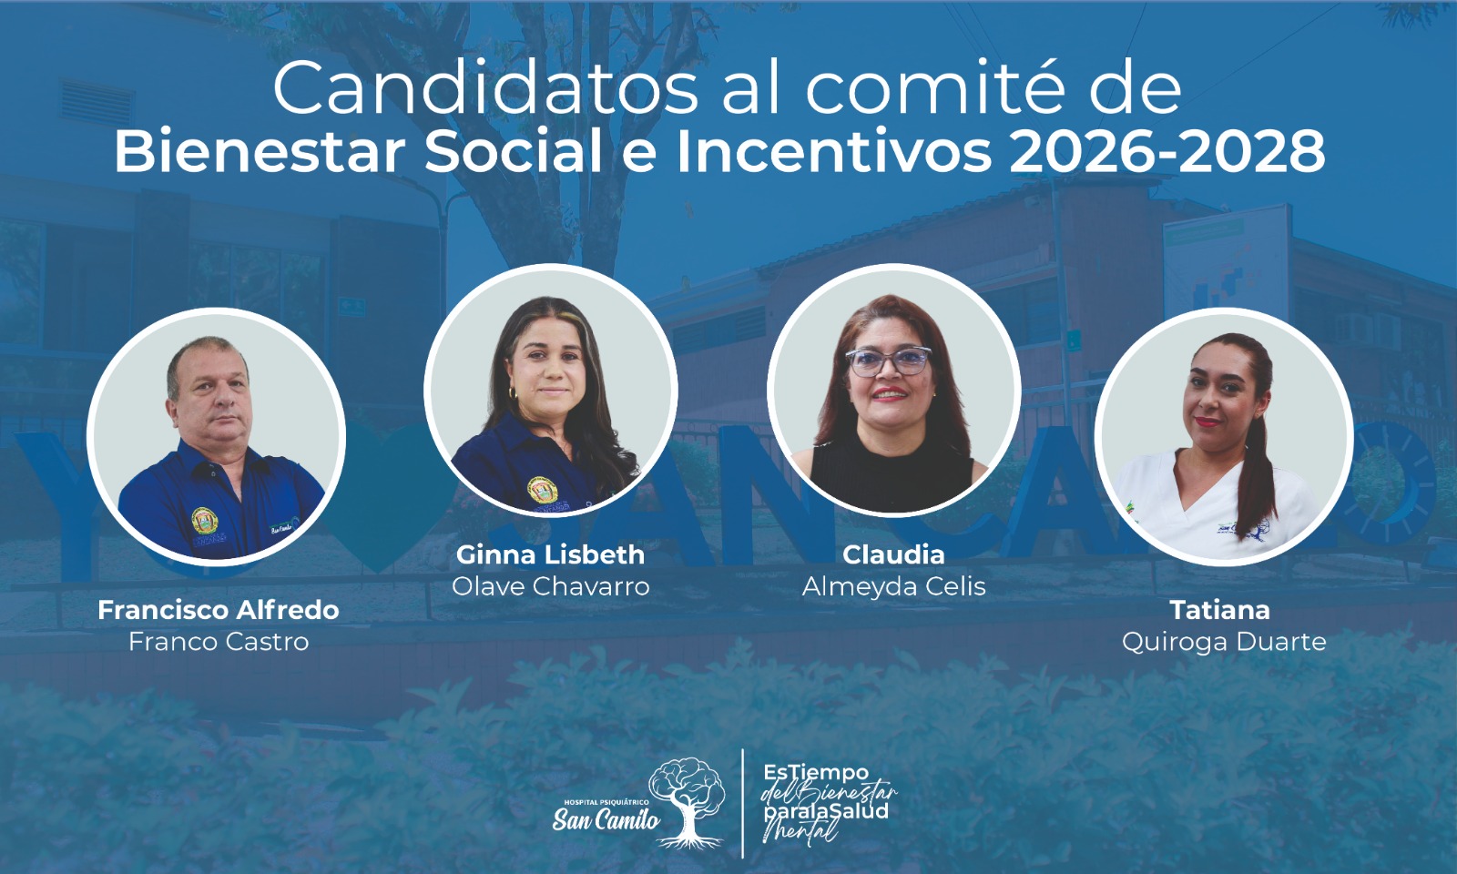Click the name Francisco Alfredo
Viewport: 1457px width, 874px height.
coord(219,610)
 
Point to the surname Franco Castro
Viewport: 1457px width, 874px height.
coord(219,642)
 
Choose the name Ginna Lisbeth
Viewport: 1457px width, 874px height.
coord(550,554)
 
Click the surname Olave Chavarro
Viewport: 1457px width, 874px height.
coord(550,586)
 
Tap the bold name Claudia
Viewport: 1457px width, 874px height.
coord(893,554)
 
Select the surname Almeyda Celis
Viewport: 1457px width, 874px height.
coord(893,586)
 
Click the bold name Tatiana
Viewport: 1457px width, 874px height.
coord(1219,610)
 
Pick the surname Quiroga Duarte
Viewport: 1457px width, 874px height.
coord(1224,643)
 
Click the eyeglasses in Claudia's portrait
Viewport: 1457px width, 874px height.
coord(889,361)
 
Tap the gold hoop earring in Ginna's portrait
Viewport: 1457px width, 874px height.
coord(512,393)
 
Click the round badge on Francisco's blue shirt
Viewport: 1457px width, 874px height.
coord(204,520)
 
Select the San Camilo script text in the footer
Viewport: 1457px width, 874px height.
coord(606,819)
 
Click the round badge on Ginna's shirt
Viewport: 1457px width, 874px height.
coord(542,491)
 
